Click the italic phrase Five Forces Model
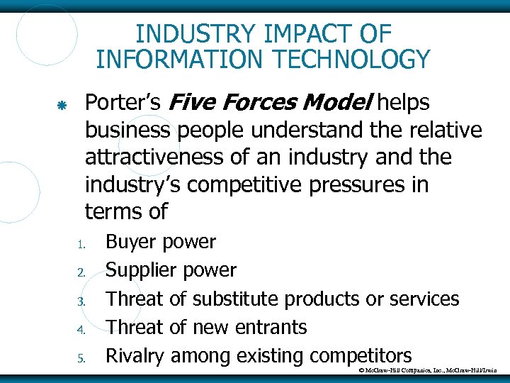pos(270,104)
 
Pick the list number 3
pos(81,301)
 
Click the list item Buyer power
pos(161,243)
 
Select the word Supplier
pos(141,270)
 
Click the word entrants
pos(272,328)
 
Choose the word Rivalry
pos(136,356)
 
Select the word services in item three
pos(424,299)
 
